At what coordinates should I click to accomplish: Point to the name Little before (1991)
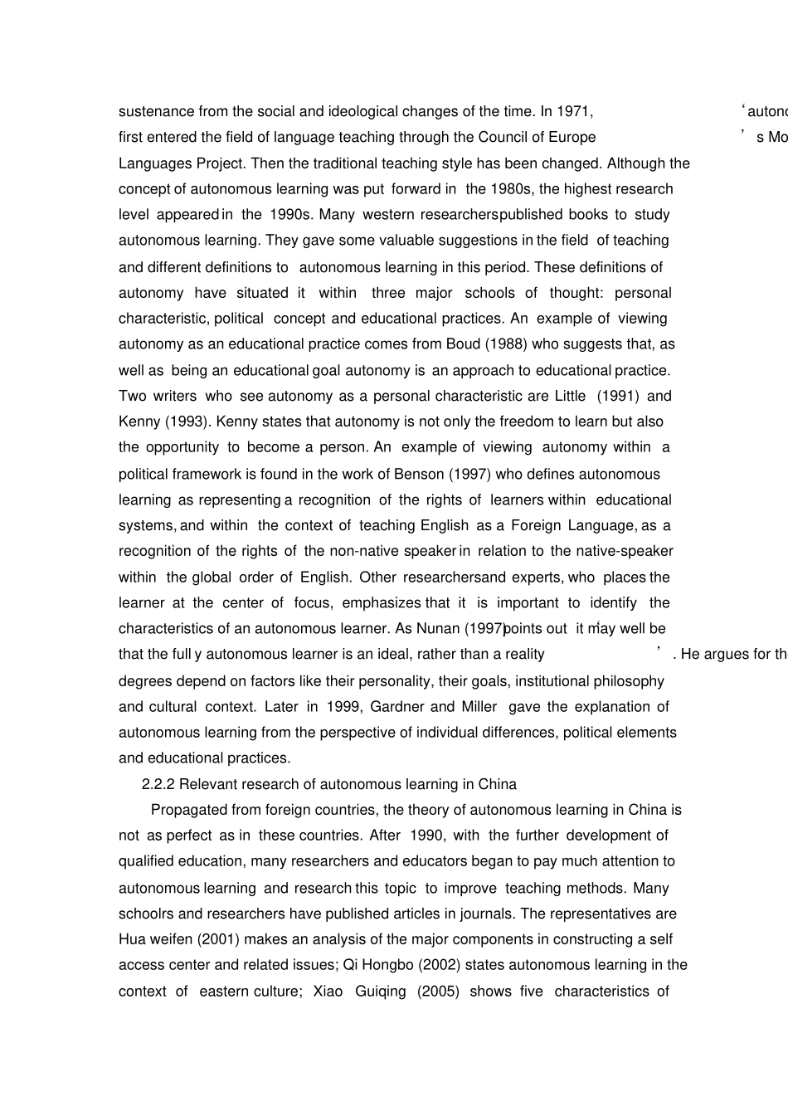click(569, 395)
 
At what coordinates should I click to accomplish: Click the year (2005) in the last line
click(440, 991)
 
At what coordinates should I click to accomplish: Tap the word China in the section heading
click(497, 784)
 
